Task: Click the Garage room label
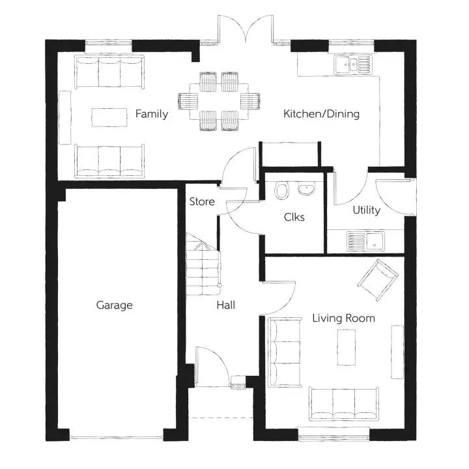pos(114,305)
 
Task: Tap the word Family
pos(152,114)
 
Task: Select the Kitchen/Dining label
pos(322,114)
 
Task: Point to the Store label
pos(202,201)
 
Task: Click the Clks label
pos(294,217)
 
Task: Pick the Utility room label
pos(366,210)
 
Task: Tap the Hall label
pos(226,305)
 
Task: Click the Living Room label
pos(344,319)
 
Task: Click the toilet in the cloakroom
pos(281,190)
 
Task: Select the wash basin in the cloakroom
pos(306,188)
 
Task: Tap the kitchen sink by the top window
pos(353,64)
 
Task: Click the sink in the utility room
pos(365,241)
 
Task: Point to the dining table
pos(219,102)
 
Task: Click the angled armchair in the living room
pos(378,280)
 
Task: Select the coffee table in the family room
pos(109,117)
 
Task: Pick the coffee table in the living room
pos(347,347)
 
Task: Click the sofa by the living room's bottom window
pos(344,404)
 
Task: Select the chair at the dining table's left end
pos(188,102)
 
